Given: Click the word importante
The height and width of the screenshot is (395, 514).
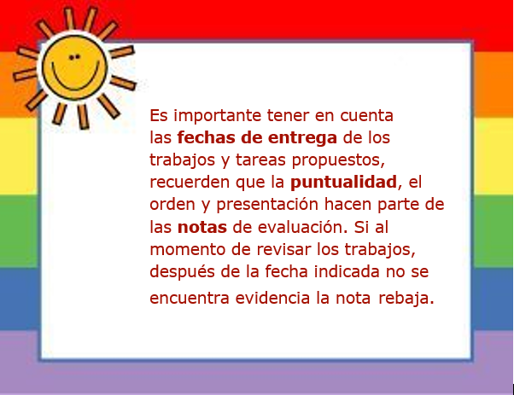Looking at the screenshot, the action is [x=218, y=116].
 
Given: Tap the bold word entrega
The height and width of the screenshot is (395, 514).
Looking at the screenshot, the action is [x=302, y=138].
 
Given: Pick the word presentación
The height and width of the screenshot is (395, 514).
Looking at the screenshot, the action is [x=267, y=206].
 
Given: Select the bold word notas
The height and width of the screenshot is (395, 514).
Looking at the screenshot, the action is [x=202, y=227].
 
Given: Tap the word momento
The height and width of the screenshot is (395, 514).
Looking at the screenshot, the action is [x=188, y=250].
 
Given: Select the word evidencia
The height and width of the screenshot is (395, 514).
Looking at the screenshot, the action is [x=272, y=298].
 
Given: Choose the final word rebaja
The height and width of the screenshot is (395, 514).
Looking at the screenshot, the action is [x=406, y=299].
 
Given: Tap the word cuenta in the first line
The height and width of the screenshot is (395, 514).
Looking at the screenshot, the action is [x=366, y=116].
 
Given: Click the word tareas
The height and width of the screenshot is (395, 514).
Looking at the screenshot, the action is [x=261, y=160].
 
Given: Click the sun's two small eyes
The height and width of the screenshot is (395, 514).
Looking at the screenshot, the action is [x=74, y=57].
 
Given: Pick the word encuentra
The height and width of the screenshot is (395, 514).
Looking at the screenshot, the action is [x=190, y=299].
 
